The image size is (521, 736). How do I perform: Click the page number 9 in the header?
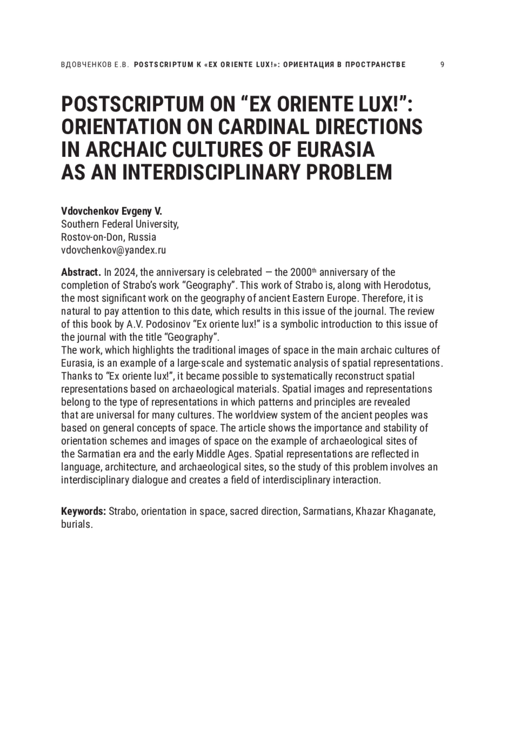(442, 65)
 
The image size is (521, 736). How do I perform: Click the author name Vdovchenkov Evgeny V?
(111, 212)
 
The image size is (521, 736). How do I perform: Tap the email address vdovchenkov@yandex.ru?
(113, 250)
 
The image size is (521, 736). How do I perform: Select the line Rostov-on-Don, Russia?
(109, 237)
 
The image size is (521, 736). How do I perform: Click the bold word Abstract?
(81, 272)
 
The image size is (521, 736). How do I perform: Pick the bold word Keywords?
(83, 511)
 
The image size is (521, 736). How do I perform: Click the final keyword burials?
(77, 524)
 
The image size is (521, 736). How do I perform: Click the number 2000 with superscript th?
(302, 272)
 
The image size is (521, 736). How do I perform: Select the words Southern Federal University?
(119, 224)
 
